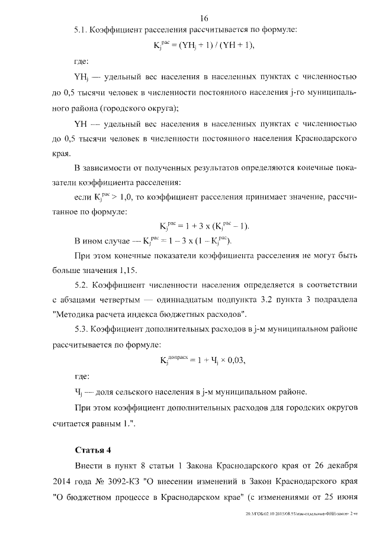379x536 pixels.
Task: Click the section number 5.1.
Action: pyautogui.click(x=81, y=29)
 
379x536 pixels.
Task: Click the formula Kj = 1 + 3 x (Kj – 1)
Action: pyautogui.click(x=204, y=226)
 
